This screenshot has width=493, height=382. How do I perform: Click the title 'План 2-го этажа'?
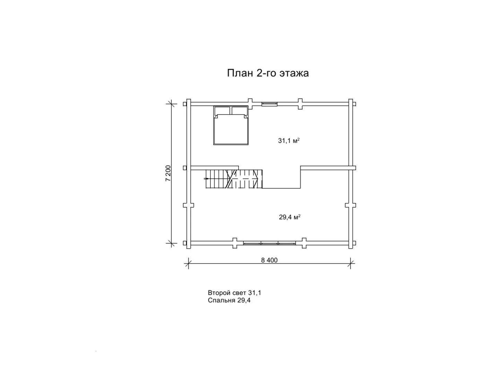click(x=268, y=73)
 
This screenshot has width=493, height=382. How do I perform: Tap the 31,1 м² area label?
click(x=289, y=141)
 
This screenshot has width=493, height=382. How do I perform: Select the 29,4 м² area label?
click(x=289, y=217)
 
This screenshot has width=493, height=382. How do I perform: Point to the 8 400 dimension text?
click(x=269, y=260)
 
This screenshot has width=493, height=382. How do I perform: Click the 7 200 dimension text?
click(x=168, y=173)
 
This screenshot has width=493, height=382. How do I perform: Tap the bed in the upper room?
click(x=231, y=125)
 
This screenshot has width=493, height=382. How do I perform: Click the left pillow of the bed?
click(x=222, y=111)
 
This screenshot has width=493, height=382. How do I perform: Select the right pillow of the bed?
click(x=239, y=111)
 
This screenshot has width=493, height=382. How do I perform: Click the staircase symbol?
click(x=234, y=179)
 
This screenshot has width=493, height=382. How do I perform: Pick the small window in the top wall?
click(x=269, y=104)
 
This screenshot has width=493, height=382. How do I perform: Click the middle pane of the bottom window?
click(x=269, y=243)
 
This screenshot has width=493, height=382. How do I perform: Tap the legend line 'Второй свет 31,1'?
click(x=234, y=293)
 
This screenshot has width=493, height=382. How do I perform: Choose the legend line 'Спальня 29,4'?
click(x=229, y=300)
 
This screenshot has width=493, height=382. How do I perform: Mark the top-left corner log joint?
click(x=188, y=104)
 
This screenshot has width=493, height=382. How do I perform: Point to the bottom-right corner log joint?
click(x=351, y=243)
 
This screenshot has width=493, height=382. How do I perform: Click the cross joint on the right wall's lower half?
click(x=351, y=205)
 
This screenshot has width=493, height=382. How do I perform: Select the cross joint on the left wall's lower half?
click(x=189, y=205)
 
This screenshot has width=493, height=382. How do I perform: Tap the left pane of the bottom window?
click(x=252, y=243)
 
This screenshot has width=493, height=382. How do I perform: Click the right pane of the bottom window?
click(x=287, y=243)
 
